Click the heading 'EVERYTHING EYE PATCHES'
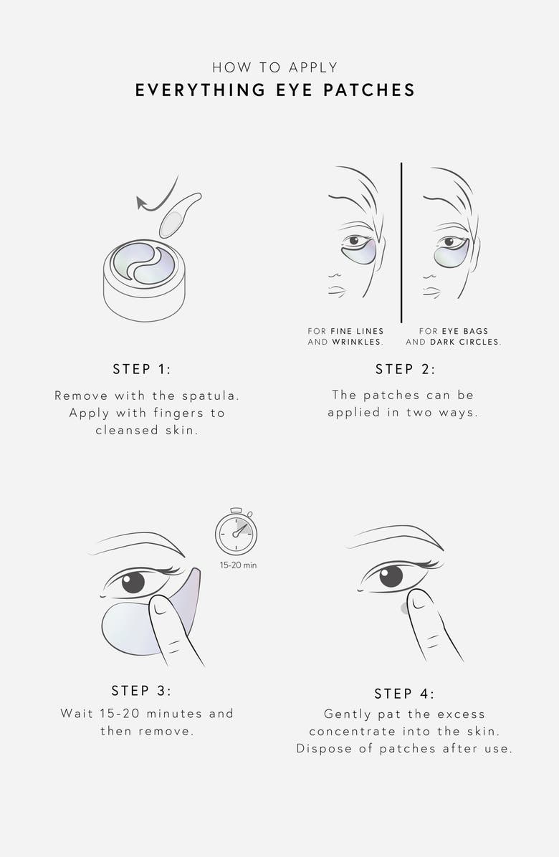[x=275, y=90]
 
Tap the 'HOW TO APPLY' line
[x=275, y=67]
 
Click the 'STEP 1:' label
[x=142, y=369]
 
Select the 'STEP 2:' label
[x=405, y=369]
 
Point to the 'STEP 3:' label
[x=141, y=690]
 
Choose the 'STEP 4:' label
[x=404, y=694]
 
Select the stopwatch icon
[x=236, y=532]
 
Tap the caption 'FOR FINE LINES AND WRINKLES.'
[x=345, y=337]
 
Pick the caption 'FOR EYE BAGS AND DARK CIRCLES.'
[x=453, y=337]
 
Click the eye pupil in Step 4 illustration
[x=391, y=576]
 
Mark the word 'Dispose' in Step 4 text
[x=322, y=749]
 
